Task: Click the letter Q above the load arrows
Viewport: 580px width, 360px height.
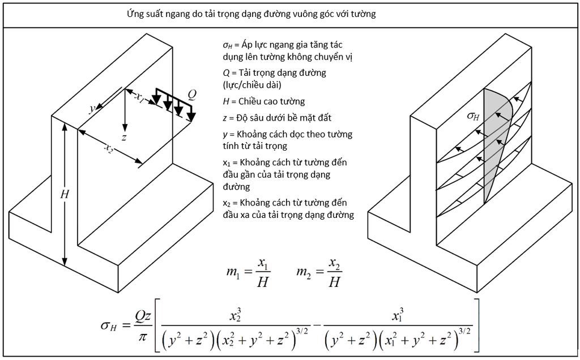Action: coord(192,95)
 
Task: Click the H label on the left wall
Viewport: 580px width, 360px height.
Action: coord(65,194)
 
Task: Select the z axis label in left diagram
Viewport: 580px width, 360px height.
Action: coord(124,138)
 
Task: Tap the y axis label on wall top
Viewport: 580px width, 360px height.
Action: coord(92,109)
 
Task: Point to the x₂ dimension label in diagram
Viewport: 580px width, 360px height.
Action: coord(108,148)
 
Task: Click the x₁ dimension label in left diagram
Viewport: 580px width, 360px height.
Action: coord(139,97)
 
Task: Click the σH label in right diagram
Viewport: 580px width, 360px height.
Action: coord(473,116)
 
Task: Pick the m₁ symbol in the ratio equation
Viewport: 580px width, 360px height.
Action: coord(232,272)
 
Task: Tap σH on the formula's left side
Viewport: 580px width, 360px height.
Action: coord(108,325)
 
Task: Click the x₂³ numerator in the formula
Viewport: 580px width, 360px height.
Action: coord(235,316)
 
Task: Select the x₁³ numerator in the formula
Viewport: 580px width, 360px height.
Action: coord(398,315)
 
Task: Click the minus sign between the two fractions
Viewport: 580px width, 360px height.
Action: coord(317,325)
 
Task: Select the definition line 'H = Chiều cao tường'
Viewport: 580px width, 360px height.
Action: coord(264,101)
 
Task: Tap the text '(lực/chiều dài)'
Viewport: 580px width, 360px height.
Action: coord(252,85)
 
